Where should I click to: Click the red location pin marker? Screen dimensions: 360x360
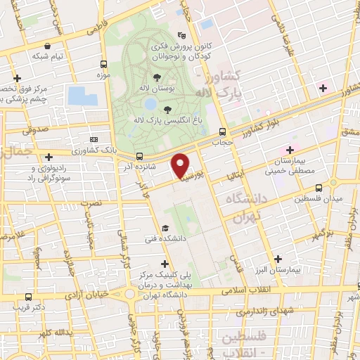tap(181, 165)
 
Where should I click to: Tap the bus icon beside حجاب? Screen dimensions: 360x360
tap(222, 131)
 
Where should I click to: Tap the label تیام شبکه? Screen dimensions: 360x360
tap(51, 56)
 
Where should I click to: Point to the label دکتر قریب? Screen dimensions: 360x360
tap(33, 307)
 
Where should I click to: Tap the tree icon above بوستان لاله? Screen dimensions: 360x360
tap(155, 77)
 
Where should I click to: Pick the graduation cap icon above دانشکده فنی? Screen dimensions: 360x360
tap(165, 228)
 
